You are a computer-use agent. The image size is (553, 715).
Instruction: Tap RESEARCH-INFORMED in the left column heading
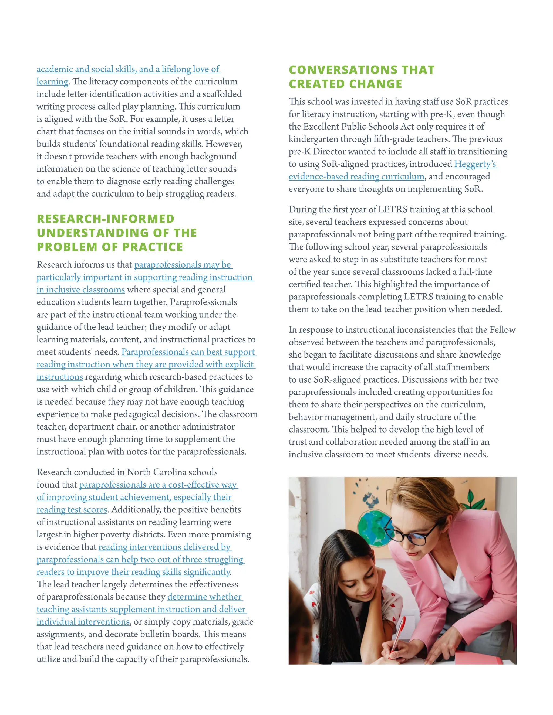pos(106,219)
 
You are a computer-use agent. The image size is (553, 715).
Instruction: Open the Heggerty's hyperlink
pos(475,164)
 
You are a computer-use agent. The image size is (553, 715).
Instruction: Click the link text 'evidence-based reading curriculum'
pos(356,176)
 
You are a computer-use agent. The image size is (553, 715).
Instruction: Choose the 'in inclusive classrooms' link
pos(80,290)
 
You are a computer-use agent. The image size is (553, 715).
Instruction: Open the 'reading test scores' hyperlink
pos(72,510)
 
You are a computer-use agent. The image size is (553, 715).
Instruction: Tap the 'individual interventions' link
pos(83,622)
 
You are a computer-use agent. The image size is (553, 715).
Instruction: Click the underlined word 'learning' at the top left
pos(52,81)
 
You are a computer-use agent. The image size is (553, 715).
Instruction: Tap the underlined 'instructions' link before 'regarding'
pos(60,377)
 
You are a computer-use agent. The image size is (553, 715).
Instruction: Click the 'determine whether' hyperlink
pos(204,597)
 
